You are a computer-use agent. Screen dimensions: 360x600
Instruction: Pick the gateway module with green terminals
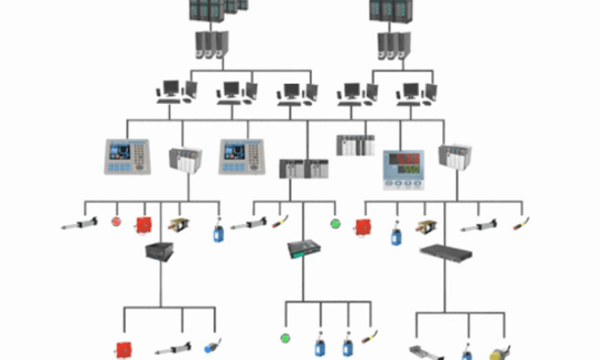[x=303, y=250]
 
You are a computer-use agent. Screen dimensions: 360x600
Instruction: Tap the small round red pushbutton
[x=116, y=221]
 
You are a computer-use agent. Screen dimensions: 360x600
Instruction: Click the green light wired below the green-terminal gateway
[x=284, y=338]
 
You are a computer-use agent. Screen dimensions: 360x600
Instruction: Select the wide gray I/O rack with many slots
[x=355, y=145]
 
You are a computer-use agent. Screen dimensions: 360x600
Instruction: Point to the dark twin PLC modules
[x=303, y=168]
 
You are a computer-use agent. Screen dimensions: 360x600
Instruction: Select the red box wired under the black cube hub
[x=123, y=349]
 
